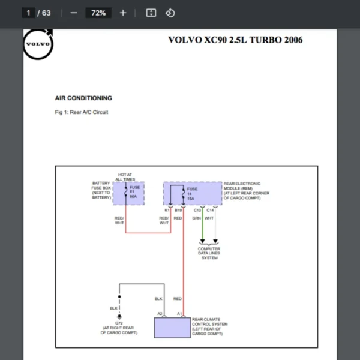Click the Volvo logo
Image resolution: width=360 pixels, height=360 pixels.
[x=38, y=44]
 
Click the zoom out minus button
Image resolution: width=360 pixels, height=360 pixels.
[x=74, y=13]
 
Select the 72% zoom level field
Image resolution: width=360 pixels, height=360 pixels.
[x=98, y=13]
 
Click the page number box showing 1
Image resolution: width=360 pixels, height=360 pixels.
[x=28, y=13]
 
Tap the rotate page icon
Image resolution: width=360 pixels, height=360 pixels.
[x=170, y=13]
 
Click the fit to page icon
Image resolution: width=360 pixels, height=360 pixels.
[x=151, y=13]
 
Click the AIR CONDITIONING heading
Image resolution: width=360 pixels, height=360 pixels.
[x=83, y=98]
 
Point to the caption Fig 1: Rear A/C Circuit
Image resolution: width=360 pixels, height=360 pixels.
[x=82, y=112]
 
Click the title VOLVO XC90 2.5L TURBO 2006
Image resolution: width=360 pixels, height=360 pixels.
[x=235, y=40]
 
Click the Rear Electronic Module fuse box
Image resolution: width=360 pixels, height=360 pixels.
[x=192, y=194]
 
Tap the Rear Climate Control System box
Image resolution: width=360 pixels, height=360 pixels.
[x=172, y=328]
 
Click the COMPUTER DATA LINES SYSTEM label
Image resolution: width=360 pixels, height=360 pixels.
[x=209, y=253]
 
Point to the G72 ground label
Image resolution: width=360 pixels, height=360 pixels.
[x=119, y=322]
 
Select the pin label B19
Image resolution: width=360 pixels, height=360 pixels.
[x=178, y=210]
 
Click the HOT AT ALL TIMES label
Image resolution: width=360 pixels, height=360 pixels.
[x=125, y=177]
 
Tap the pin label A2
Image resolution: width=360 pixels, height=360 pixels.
[x=160, y=314]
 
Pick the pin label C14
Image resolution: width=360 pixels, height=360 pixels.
[x=210, y=210]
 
